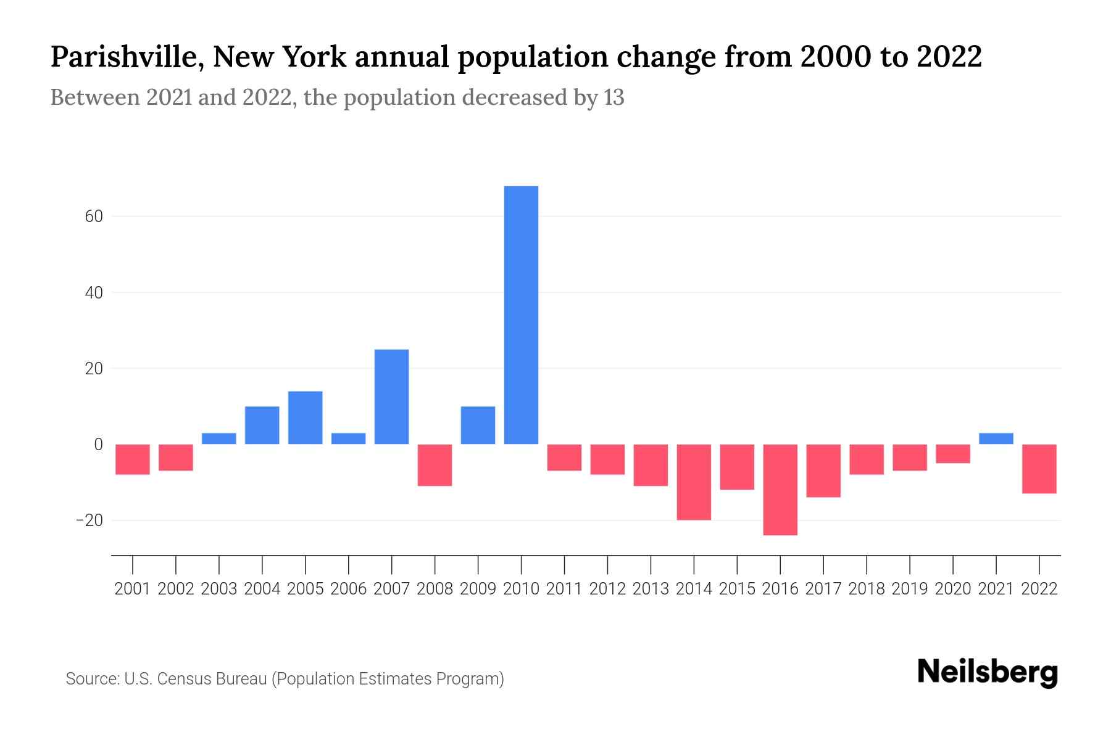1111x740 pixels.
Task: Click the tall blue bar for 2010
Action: pyautogui.click(x=521, y=314)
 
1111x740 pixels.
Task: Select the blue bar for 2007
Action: pyautogui.click(x=391, y=397)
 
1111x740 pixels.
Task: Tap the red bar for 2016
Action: pyautogui.click(x=780, y=490)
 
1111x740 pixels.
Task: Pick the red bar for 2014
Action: pyautogui.click(x=694, y=482)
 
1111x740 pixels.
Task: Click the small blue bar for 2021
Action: pyautogui.click(x=996, y=438)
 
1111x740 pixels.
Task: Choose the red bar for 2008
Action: pyautogui.click(x=435, y=465)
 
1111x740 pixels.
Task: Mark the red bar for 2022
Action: pyautogui.click(x=1039, y=469)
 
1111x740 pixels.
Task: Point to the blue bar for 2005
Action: pyautogui.click(x=305, y=417)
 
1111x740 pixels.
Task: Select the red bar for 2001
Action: pyautogui.click(x=133, y=459)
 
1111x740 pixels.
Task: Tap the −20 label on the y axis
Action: pyautogui.click(x=89, y=520)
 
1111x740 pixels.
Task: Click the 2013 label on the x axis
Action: pyautogui.click(x=651, y=589)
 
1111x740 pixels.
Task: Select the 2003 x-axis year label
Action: pyautogui.click(x=219, y=589)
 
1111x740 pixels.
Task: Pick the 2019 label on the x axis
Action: pyautogui.click(x=909, y=589)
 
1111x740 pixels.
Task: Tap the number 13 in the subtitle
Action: pyautogui.click(x=614, y=97)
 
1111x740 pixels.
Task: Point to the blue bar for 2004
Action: pyautogui.click(x=262, y=425)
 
